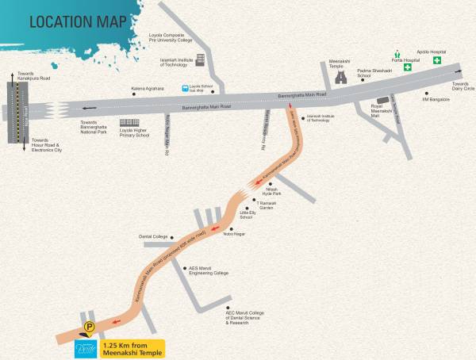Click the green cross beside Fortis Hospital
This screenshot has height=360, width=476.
[407, 68]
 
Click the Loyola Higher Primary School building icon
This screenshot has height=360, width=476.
[127, 123]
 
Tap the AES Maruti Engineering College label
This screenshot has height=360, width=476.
[208, 270]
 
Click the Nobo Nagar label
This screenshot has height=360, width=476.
[235, 236]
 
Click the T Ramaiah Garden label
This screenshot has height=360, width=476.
[270, 203]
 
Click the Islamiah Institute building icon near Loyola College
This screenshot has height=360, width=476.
[200, 59]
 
